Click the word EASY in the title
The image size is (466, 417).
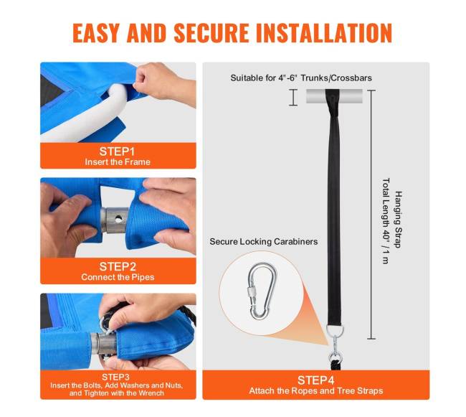(x=95, y=33)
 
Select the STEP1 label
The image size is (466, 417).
(x=117, y=151)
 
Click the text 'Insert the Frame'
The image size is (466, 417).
(x=118, y=162)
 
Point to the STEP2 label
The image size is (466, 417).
(x=118, y=266)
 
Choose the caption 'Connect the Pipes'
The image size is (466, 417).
(x=118, y=277)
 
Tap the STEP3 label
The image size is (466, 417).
(x=115, y=377)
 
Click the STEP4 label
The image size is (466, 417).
(x=316, y=380)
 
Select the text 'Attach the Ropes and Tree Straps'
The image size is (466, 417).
(x=316, y=391)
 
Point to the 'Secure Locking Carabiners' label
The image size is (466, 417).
(x=264, y=241)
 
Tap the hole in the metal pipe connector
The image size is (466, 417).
(x=118, y=220)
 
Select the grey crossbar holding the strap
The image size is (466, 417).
(x=334, y=96)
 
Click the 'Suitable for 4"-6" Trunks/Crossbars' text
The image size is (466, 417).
(x=301, y=78)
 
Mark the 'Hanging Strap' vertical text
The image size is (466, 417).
(x=398, y=220)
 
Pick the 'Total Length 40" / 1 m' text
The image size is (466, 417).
(x=386, y=221)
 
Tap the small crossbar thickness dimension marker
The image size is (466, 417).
(x=293, y=98)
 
